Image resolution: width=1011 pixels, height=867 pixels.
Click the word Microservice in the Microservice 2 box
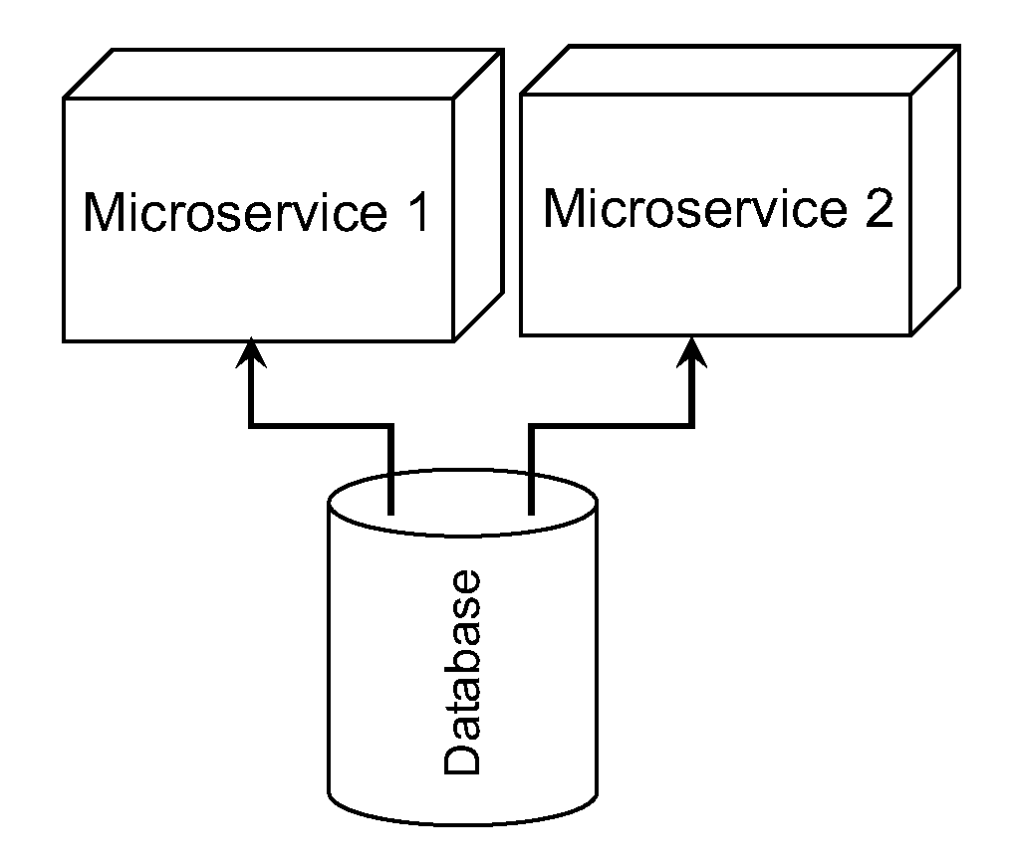(693, 209)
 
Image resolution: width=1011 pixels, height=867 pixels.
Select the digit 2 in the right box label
(877, 209)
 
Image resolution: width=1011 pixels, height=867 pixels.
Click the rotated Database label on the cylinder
(462, 673)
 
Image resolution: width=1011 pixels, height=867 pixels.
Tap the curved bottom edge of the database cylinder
(462, 824)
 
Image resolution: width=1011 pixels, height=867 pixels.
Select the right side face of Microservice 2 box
(935, 189)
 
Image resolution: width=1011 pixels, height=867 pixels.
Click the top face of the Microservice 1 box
(279, 75)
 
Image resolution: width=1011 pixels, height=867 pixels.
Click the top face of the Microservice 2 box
(737, 70)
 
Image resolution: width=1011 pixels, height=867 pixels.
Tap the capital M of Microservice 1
(106, 213)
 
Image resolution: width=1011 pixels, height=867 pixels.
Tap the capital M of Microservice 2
(566, 209)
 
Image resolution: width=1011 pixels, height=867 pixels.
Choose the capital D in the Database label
(462, 758)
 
